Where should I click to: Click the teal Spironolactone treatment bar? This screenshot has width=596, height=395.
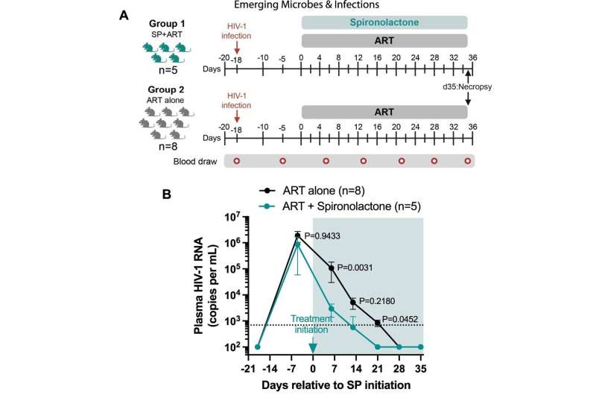pyautogui.click(x=384, y=22)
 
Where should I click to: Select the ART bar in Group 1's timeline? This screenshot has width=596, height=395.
pyautogui.click(x=384, y=41)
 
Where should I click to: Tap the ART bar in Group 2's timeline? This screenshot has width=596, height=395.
pyautogui.click(x=384, y=112)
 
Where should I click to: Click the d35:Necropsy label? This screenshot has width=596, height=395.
pyautogui.click(x=467, y=86)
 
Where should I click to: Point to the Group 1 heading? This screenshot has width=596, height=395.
pyautogui.click(x=167, y=24)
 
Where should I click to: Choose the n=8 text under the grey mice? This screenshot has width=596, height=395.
pyautogui.click(x=168, y=146)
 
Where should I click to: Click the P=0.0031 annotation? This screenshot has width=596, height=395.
pyautogui.click(x=355, y=268)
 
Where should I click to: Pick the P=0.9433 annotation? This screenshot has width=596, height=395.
pyautogui.click(x=323, y=236)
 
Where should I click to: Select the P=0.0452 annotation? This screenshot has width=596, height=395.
pyautogui.click(x=400, y=319)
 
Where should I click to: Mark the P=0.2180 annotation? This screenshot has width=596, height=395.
pyautogui.click(x=377, y=301)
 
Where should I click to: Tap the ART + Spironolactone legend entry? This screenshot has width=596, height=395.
pyautogui.click(x=340, y=206)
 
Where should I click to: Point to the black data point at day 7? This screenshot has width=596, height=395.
pyautogui.click(x=332, y=268)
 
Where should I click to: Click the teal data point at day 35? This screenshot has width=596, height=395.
pyautogui.click(x=421, y=347)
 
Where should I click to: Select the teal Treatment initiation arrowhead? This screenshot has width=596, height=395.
pyautogui.click(x=313, y=348)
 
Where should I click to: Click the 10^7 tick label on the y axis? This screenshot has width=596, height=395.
pyautogui.click(x=232, y=217)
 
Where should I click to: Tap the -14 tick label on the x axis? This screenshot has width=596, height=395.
pyautogui.click(x=270, y=369)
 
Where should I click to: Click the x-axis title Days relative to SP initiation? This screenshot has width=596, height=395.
pyautogui.click(x=336, y=385)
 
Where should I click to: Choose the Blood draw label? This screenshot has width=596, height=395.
pyautogui.click(x=195, y=162)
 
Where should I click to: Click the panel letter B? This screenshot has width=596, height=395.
pyautogui.click(x=166, y=195)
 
